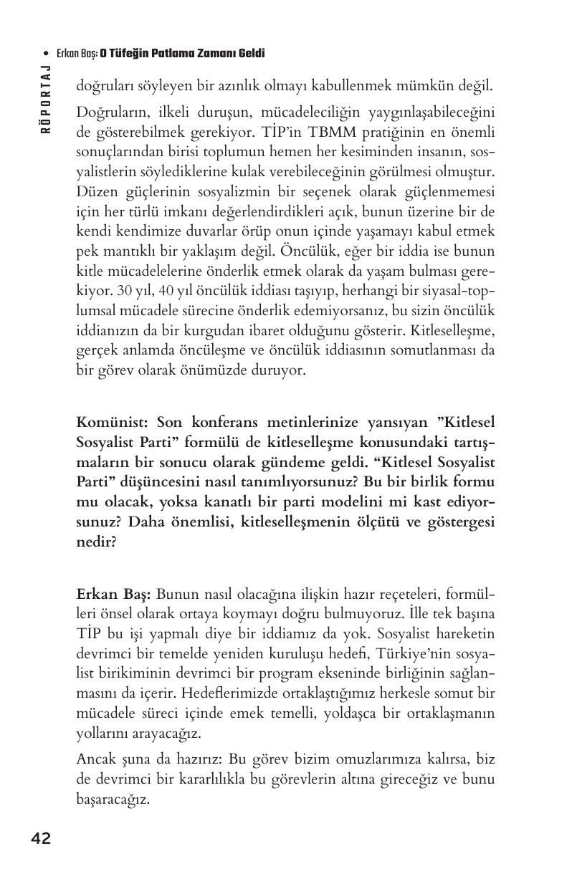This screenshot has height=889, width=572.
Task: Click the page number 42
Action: [x=41, y=839]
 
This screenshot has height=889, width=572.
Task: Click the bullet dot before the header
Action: [x=47, y=54]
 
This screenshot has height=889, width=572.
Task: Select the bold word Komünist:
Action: [x=113, y=422]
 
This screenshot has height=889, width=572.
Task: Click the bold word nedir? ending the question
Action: [x=96, y=542]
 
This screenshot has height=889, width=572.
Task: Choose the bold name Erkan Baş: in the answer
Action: [x=113, y=594]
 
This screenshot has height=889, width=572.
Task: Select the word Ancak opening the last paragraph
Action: [x=95, y=759]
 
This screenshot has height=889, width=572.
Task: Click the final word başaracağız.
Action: [x=113, y=799]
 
